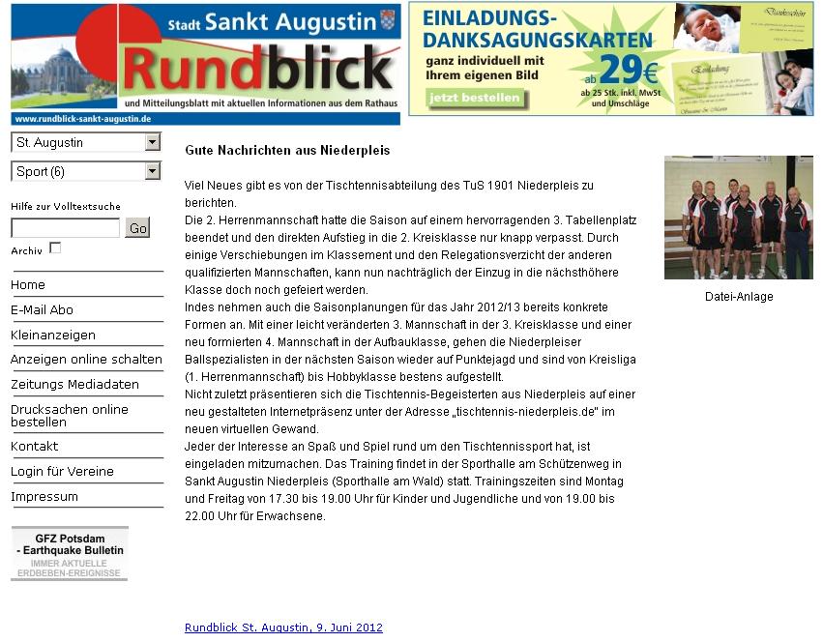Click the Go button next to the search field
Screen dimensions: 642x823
pyautogui.click(x=137, y=227)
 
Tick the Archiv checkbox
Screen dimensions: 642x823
pyautogui.click(x=55, y=248)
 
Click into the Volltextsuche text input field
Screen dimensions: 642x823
pyautogui.click(x=65, y=228)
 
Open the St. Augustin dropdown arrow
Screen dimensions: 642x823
pyautogui.click(x=152, y=142)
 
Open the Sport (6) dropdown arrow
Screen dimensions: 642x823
pyautogui.click(x=152, y=171)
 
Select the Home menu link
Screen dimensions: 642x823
pyautogui.click(x=28, y=284)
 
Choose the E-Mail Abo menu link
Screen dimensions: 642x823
pyautogui.click(x=42, y=309)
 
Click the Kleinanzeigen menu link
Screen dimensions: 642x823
pyautogui.click(x=53, y=335)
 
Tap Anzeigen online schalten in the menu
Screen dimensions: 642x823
pyautogui.click(x=86, y=359)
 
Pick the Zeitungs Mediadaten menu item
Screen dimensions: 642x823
pyautogui.click(x=74, y=384)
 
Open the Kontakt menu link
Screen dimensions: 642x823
pyautogui.click(x=34, y=446)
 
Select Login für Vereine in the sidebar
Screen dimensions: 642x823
pyautogui.click(x=62, y=471)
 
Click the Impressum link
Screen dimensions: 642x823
pyautogui.click(x=44, y=496)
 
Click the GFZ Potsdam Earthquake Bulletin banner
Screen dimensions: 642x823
pyautogui.click(x=69, y=554)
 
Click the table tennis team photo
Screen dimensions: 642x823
pyautogui.click(x=738, y=218)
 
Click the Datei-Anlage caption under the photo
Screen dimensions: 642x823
pyautogui.click(x=739, y=297)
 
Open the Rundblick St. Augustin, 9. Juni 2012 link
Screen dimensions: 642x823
pyautogui.click(x=283, y=627)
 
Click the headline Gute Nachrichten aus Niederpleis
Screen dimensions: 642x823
pyautogui.click(x=287, y=151)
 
